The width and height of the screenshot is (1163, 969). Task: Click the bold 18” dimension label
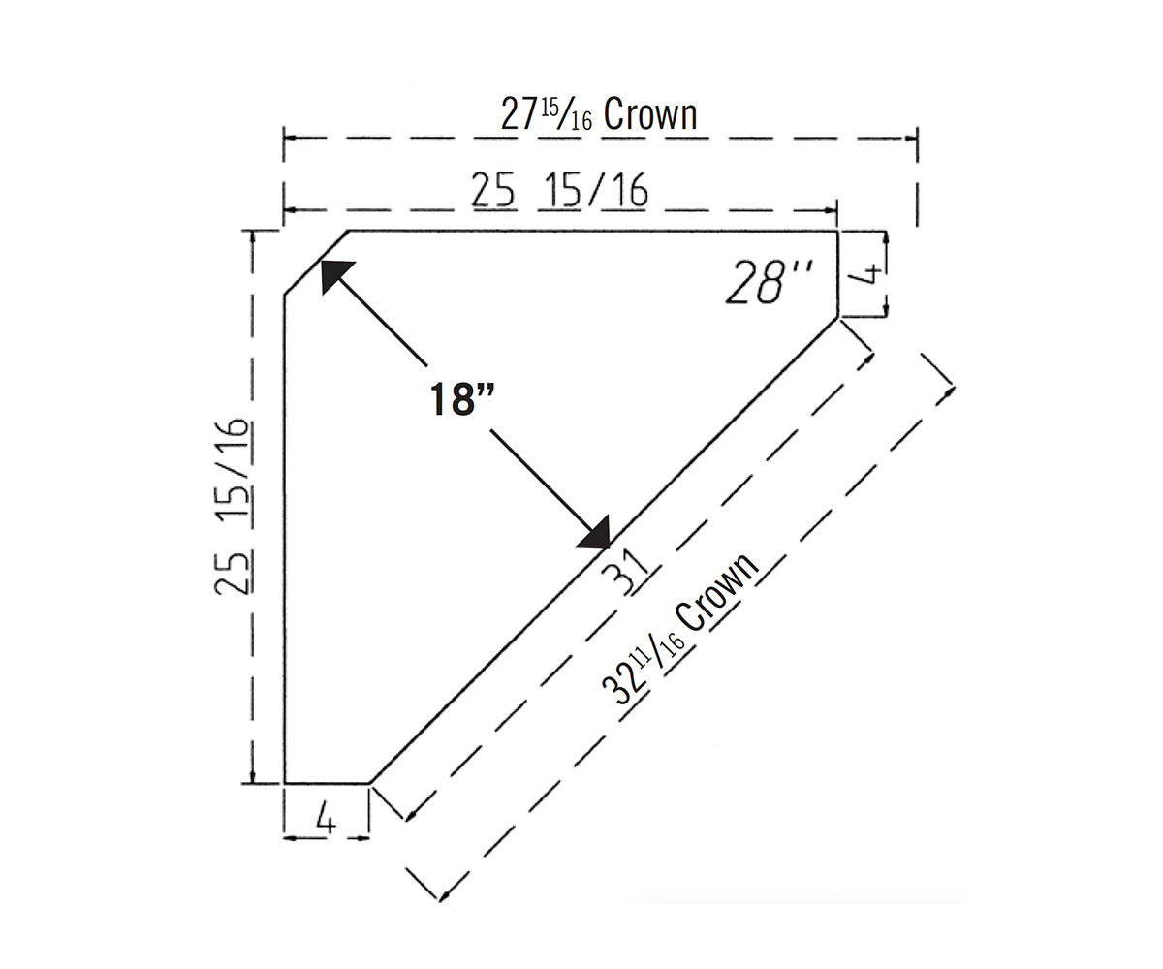pyautogui.click(x=461, y=398)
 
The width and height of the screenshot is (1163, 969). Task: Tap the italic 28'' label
pyautogui.click(x=769, y=282)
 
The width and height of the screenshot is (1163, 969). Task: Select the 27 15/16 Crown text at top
pyautogui.click(x=599, y=114)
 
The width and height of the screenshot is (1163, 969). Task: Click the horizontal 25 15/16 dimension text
pyautogui.click(x=559, y=190)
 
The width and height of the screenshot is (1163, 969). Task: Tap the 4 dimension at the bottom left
pyautogui.click(x=326, y=819)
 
